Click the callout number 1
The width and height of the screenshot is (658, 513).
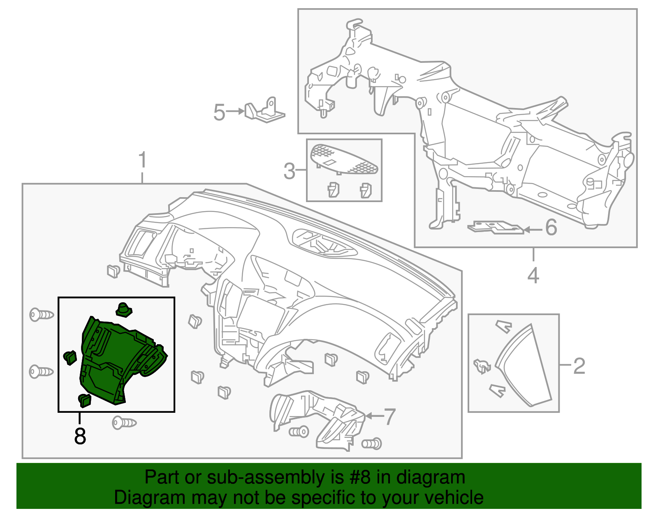coord(142,160)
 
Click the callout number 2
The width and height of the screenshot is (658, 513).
coord(579,366)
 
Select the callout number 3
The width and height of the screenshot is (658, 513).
coord(290,170)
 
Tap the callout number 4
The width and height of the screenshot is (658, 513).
coord(533,275)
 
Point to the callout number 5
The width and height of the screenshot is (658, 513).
coord(219,112)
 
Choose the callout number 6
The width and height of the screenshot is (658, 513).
coord(551,227)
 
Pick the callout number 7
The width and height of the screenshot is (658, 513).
coord(389,416)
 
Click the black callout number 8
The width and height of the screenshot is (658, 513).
coord(80,436)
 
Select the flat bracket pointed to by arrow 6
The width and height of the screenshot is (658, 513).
coord(496,227)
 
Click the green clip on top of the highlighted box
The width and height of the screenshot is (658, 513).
coord(123,310)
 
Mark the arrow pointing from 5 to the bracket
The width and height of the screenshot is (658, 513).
coord(236,111)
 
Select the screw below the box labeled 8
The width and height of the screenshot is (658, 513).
coord(124,423)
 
